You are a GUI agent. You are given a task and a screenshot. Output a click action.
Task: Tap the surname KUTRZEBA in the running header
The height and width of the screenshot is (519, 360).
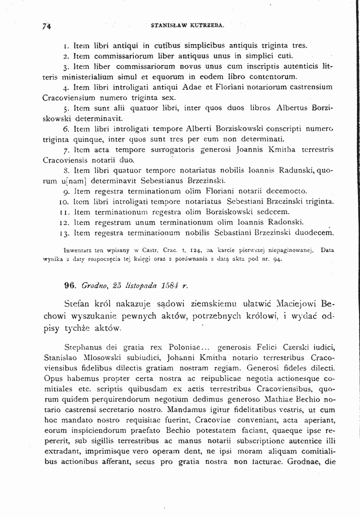coord(207,24)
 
